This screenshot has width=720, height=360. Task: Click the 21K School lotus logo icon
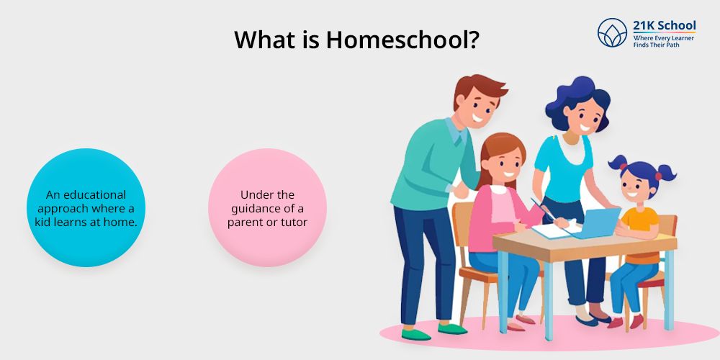click(x=612, y=32)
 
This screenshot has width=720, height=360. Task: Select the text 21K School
click(x=665, y=26)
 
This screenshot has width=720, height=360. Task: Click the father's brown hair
click(x=478, y=89)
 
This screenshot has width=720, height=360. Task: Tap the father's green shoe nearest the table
click(x=452, y=329)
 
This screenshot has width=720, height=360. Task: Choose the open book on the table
click(x=552, y=230)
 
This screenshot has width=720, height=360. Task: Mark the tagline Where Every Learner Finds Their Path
click(x=664, y=41)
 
